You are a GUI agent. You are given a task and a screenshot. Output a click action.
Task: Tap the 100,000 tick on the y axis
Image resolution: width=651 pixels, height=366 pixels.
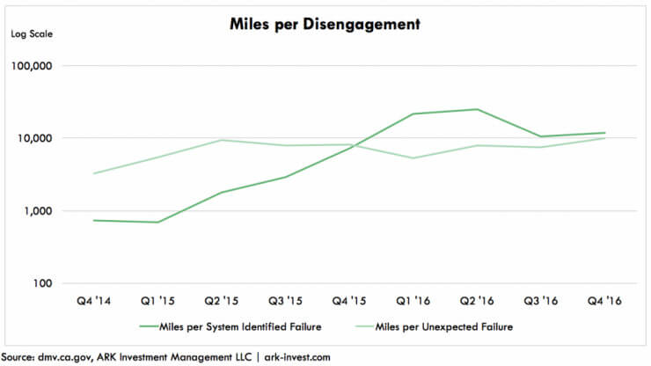coord(33,66)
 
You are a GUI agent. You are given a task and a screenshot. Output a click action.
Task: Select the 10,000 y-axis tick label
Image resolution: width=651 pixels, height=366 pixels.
coord(36,138)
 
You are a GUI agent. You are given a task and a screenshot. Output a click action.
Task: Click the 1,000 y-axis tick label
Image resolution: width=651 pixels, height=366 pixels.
coord(39,211)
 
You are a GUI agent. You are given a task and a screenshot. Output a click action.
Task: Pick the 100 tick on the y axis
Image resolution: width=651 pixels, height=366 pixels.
coord(43,283)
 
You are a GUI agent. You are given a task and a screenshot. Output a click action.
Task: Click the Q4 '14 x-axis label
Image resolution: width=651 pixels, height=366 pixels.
coord(93,300)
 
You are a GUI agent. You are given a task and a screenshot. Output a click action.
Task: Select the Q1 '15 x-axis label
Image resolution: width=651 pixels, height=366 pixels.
coord(157,300)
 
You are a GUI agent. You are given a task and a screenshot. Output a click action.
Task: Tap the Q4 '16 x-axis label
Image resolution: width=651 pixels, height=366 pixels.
coord(605,300)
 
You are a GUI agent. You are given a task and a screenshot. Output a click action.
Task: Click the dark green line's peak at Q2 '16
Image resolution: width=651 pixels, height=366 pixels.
coord(477,109)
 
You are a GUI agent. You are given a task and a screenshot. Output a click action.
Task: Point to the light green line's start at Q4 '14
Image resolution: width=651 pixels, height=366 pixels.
coord(94,173)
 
